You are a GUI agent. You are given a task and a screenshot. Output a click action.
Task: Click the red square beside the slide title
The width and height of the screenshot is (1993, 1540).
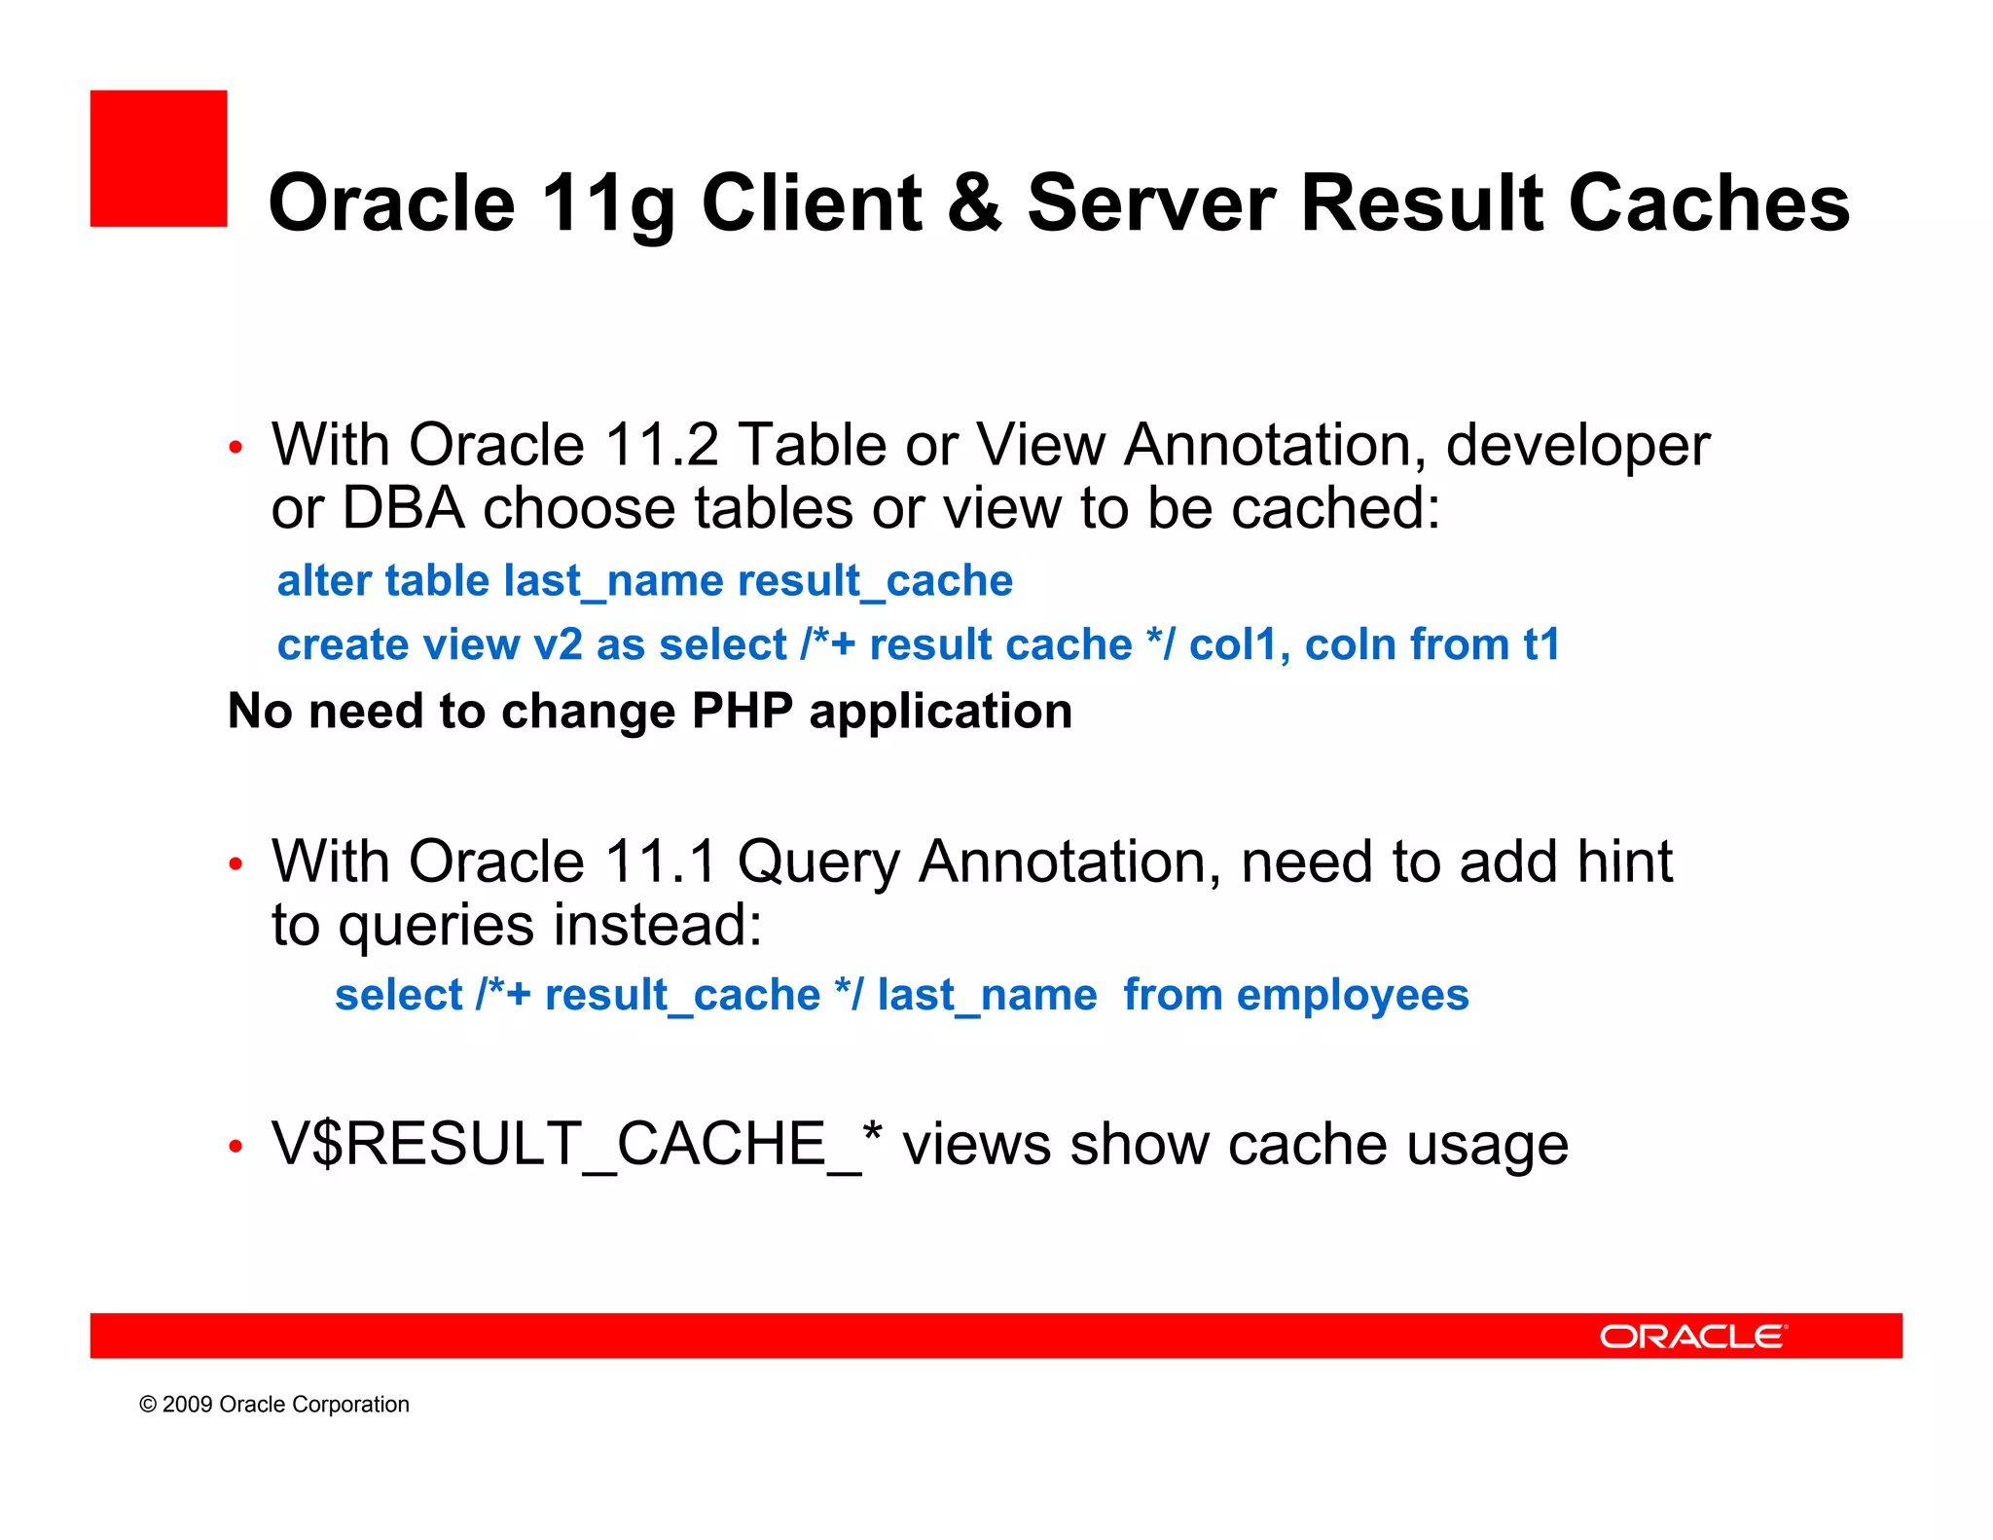tap(159, 159)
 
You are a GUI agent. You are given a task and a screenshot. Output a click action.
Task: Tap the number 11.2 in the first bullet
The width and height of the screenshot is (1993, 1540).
tap(661, 445)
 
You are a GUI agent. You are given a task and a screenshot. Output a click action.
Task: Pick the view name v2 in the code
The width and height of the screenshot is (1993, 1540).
tap(558, 644)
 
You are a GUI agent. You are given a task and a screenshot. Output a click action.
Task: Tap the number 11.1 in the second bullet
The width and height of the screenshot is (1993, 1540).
tap(661, 862)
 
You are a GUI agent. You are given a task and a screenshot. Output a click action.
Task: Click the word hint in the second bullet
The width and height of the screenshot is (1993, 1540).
tap(1624, 862)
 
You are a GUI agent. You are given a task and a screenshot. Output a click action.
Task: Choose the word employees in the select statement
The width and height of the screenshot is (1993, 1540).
tap(1352, 995)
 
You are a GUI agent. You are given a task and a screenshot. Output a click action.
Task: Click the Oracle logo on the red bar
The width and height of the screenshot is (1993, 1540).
tap(1693, 1337)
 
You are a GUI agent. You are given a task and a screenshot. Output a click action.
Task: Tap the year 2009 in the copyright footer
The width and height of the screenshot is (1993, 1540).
tap(188, 1405)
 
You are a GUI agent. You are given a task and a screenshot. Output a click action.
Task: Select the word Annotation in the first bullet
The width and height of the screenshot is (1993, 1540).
tap(1274, 445)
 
